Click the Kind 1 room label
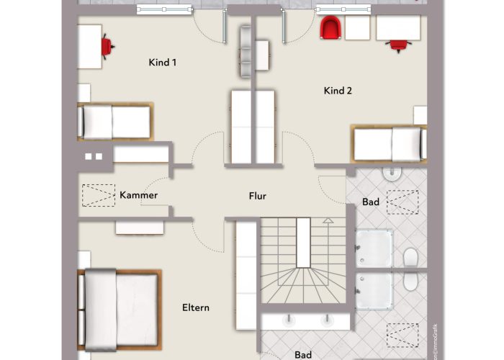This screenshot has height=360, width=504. click(163, 63)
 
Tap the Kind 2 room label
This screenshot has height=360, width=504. click(337, 91)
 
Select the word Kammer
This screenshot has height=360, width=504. click(138, 195)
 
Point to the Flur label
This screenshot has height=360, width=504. click(258, 195)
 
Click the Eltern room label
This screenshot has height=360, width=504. click(195, 307)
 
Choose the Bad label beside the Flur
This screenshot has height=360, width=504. click(370, 202)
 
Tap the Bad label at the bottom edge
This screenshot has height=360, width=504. click(303, 354)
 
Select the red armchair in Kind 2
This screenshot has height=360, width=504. click(330, 29)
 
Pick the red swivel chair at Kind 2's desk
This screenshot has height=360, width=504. click(397, 45)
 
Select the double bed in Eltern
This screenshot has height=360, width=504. click(119, 307)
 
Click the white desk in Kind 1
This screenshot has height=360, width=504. click(89, 46)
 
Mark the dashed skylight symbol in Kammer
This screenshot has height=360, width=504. click(99, 195)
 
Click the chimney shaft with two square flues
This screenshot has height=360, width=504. click(94, 156)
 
